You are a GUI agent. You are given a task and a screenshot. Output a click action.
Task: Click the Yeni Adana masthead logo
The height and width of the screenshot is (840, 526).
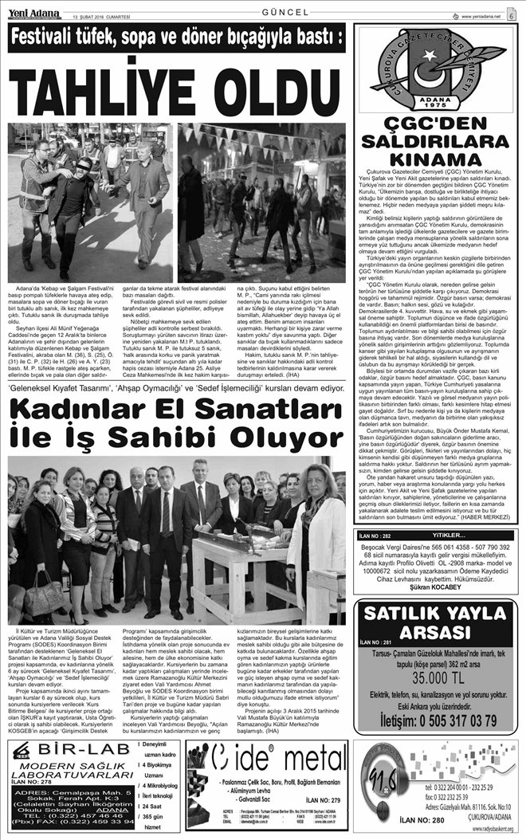33,10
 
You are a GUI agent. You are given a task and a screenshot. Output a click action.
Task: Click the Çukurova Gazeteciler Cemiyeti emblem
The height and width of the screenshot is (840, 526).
437,69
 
